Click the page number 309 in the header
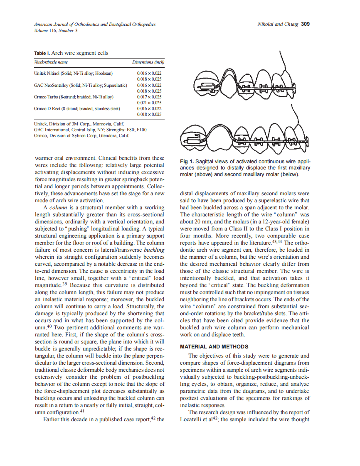click(x=305, y=24)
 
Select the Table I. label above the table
click(x=40, y=53)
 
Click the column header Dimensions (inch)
click(x=148, y=62)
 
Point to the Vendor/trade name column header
click(x=51, y=62)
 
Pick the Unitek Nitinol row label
click(x=73, y=73)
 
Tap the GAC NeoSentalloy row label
click(x=80, y=85)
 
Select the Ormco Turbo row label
click(x=74, y=97)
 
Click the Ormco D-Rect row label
click(x=77, y=108)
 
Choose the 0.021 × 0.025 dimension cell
click(x=149, y=103)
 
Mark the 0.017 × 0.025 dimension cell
click(x=149, y=97)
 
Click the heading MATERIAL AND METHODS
click(x=214, y=346)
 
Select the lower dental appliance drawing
click(x=245, y=135)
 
